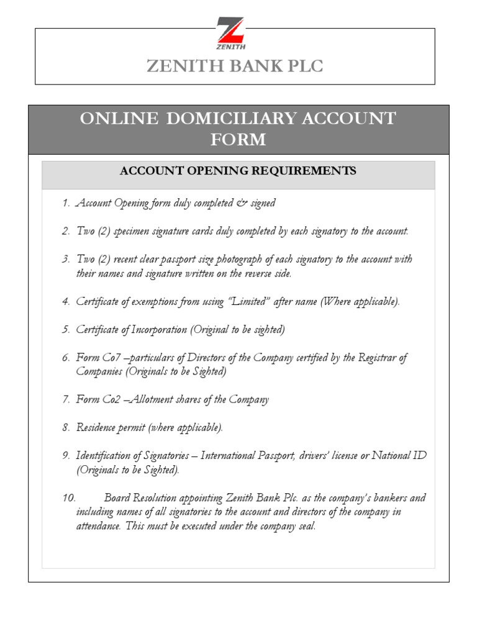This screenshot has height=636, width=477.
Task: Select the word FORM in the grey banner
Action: pyautogui.click(x=238, y=140)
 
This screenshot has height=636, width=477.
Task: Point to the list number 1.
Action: pyautogui.click(x=66, y=203)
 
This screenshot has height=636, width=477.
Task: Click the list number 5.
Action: pyautogui.click(x=66, y=330)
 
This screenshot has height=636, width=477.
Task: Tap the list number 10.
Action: pyautogui.click(x=68, y=498)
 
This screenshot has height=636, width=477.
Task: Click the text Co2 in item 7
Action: pyautogui.click(x=107, y=399)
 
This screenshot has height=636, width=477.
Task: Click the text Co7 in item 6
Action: pyautogui.click(x=107, y=358)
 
